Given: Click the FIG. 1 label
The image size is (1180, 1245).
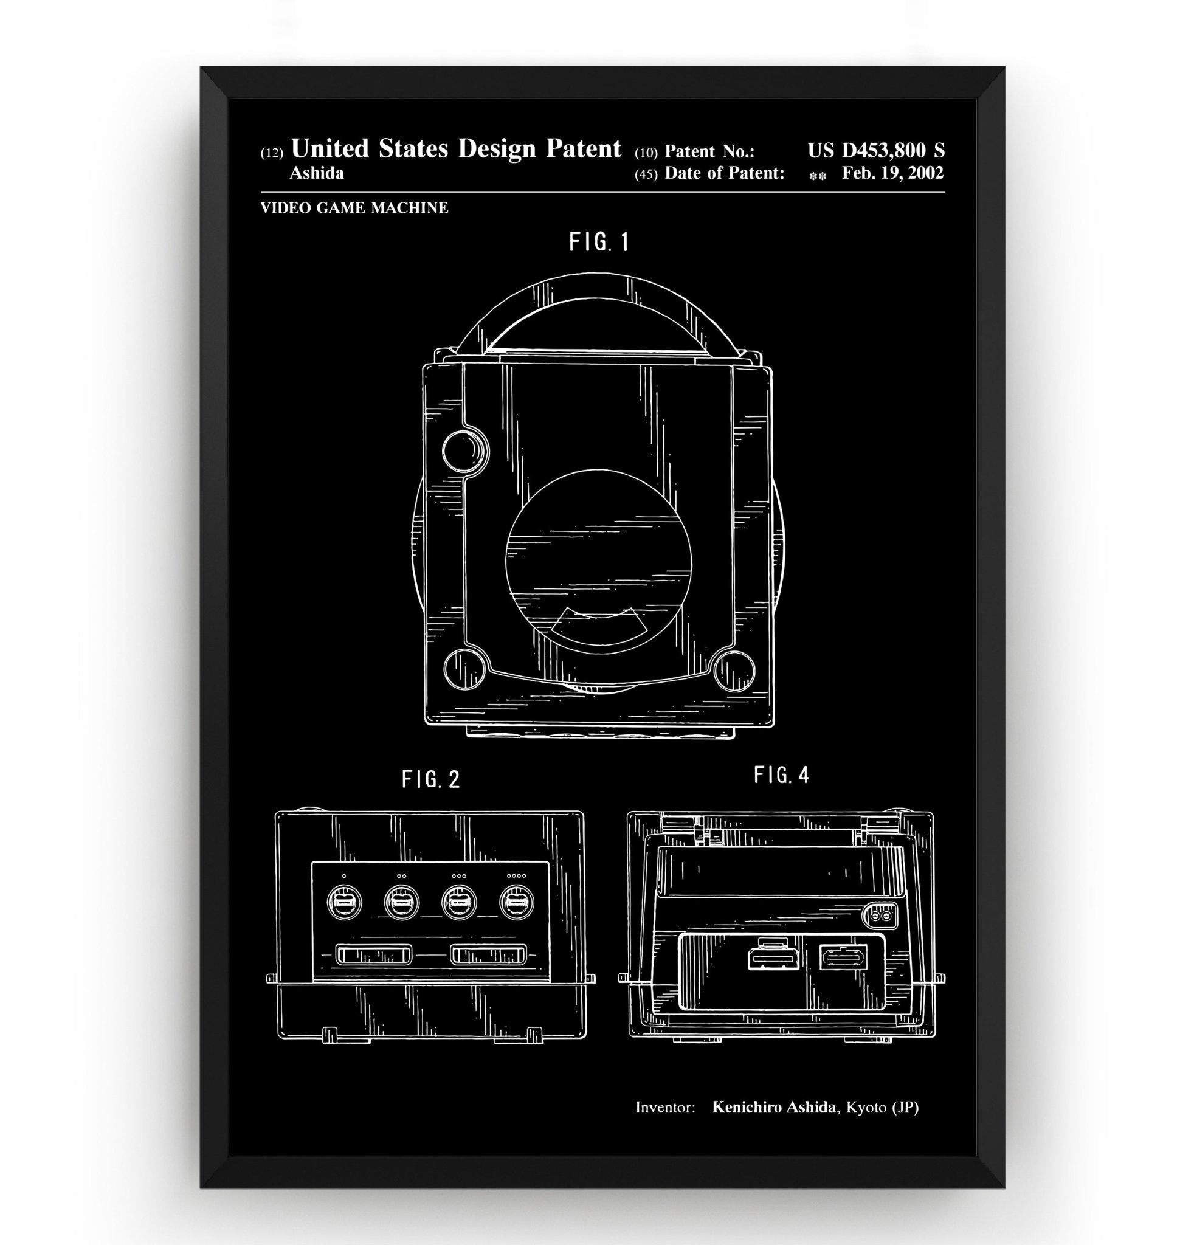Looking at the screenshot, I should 599,242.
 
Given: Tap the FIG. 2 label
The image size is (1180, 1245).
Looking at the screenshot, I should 431,779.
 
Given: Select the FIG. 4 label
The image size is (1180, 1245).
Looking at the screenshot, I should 781,775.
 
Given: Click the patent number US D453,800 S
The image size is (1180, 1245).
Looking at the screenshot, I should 875,151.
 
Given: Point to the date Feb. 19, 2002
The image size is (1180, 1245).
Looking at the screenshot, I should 892,173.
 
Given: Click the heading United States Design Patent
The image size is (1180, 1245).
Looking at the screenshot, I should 456,149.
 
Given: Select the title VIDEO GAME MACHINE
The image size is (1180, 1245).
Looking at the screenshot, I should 354,209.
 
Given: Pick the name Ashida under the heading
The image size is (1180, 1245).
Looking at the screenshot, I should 316,174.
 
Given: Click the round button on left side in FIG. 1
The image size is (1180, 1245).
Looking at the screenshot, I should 466,450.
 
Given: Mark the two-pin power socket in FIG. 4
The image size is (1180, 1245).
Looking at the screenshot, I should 881,917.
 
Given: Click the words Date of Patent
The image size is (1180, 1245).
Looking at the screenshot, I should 724,173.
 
